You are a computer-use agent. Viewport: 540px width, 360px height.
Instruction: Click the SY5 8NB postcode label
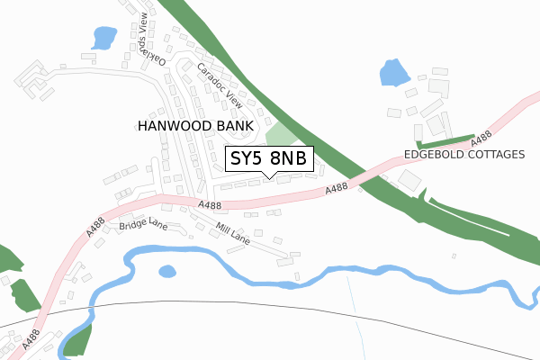(268, 159)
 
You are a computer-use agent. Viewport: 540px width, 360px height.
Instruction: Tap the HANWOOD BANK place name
(194, 126)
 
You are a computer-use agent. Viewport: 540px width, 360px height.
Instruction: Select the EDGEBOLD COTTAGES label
(463, 155)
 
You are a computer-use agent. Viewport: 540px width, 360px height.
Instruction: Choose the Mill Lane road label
(232, 235)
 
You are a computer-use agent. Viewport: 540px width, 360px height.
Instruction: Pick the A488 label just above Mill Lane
(210, 206)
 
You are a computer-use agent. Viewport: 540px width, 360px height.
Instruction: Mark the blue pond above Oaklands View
(104, 38)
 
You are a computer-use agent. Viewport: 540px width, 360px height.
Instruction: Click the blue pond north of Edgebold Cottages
(393, 72)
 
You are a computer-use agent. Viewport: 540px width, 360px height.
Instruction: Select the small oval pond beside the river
(167, 271)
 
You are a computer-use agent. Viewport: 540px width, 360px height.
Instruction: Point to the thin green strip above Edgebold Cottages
(445, 141)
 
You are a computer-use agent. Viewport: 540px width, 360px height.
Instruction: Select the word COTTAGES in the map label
(490, 155)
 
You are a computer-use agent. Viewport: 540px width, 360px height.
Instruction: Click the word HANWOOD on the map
(175, 126)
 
